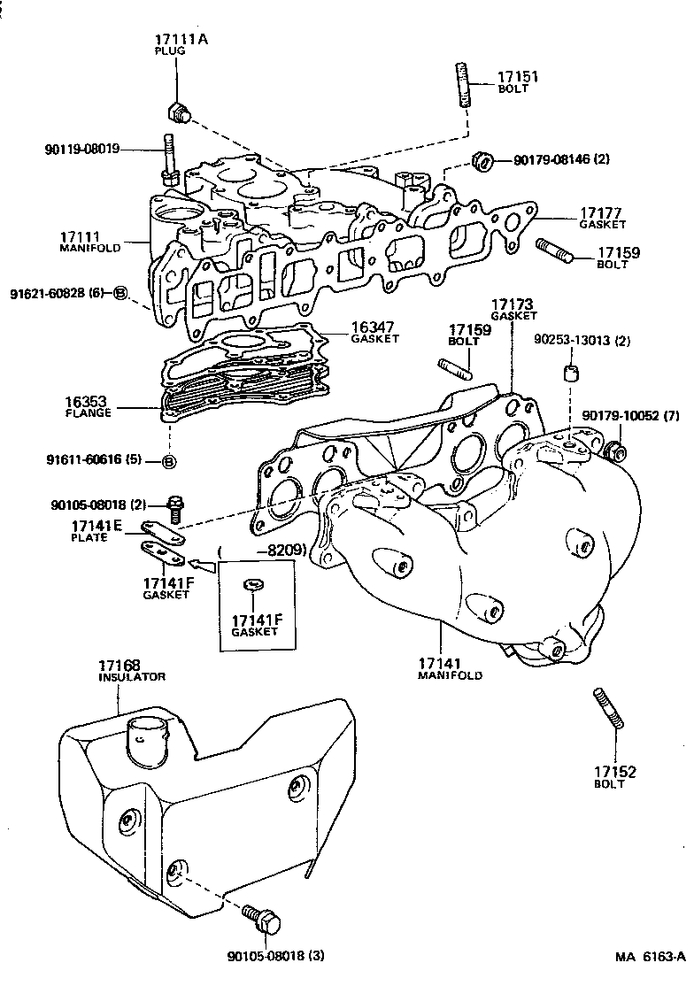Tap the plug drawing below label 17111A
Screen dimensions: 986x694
[x=179, y=112]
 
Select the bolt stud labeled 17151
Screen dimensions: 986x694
[x=462, y=84]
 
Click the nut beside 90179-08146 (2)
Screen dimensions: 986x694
[x=484, y=161]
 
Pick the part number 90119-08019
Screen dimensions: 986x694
[x=82, y=150]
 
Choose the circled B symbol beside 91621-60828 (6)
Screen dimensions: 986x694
[x=121, y=293]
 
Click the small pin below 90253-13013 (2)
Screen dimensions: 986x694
[x=572, y=371]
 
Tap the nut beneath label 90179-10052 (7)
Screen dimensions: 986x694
[x=618, y=452]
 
